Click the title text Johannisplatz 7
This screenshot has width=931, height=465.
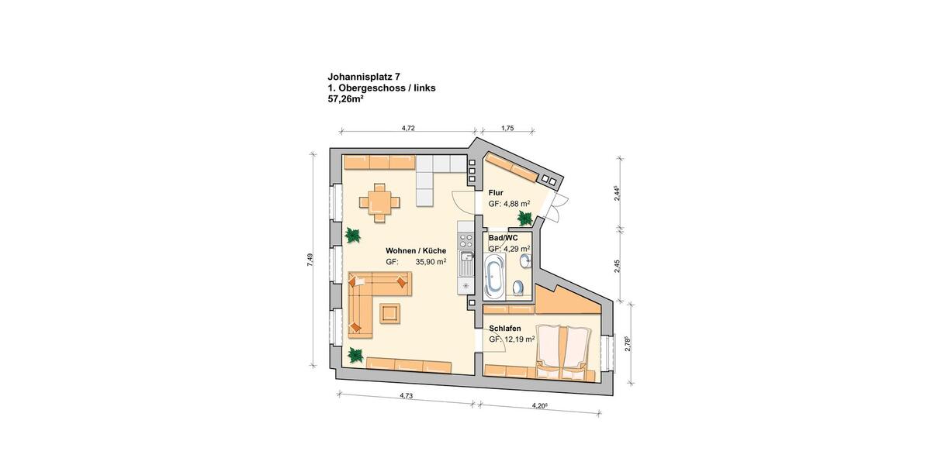click(365, 77)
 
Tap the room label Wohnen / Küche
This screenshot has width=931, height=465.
click(416, 251)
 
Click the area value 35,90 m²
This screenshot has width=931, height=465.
click(431, 263)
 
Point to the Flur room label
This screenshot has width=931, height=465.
click(496, 192)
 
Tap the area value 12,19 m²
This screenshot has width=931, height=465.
click(517, 339)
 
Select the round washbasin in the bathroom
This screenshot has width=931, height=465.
click(524, 262)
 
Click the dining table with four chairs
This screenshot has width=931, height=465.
click(379, 202)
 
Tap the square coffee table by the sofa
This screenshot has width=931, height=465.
click(389, 312)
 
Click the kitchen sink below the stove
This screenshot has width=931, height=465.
click(465, 260)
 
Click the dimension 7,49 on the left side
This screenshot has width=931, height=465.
click(310, 261)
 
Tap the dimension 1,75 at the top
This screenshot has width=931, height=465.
click(507, 128)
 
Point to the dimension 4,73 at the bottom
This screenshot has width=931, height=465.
click(405, 395)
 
